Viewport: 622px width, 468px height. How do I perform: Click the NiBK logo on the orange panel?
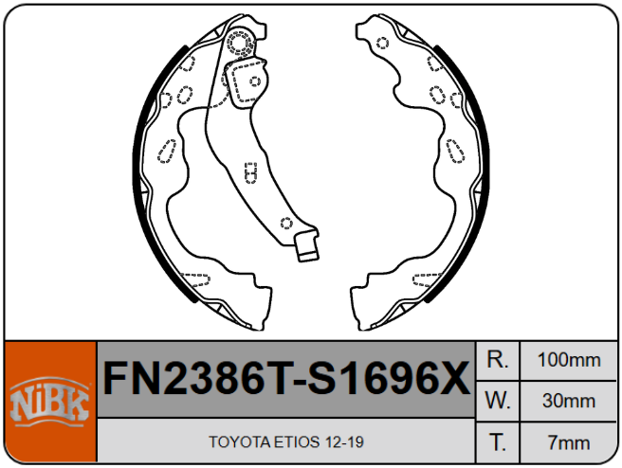pyautogui.click(x=49, y=402)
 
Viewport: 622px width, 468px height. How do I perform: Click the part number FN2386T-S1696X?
pyautogui.click(x=286, y=379)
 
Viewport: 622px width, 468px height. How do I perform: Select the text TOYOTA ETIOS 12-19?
pyautogui.click(x=286, y=441)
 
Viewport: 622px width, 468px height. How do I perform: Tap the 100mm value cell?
pyautogui.click(x=569, y=360)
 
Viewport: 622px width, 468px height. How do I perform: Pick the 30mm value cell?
pyautogui.click(x=569, y=401)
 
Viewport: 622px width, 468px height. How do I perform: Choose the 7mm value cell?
pyautogui.click(x=569, y=442)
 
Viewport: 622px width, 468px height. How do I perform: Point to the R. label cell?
pyautogui.click(x=498, y=360)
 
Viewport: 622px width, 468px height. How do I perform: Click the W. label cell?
pyautogui.click(x=498, y=401)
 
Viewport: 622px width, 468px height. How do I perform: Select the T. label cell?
pyautogui.click(x=498, y=442)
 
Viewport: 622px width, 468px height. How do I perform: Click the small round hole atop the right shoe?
pyautogui.click(x=382, y=43)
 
